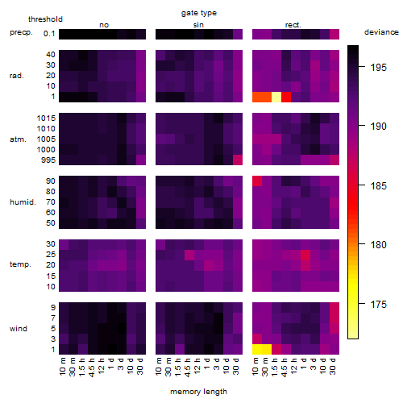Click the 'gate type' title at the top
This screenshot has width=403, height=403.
[x=199, y=13]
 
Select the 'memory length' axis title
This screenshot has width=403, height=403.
[x=198, y=392]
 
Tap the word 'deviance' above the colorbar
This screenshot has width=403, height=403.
[x=381, y=32]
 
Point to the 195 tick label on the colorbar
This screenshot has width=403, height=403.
[x=378, y=67]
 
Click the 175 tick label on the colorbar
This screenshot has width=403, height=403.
[x=378, y=305]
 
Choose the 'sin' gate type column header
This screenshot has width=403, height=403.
[x=198, y=25]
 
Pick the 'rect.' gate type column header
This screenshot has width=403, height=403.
[x=293, y=25]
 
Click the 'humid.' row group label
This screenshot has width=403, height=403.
[x=23, y=202]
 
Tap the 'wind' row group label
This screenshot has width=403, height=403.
[x=19, y=329]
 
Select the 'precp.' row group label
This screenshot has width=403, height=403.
[x=21, y=32]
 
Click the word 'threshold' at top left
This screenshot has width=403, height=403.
[x=45, y=19]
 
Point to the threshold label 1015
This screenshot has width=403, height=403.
[x=46, y=118]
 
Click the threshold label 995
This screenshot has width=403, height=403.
[x=48, y=160]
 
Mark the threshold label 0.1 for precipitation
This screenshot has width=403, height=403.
[x=49, y=34]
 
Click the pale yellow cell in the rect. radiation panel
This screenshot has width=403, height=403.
[x=276, y=97]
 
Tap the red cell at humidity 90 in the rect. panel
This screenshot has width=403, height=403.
[x=257, y=181]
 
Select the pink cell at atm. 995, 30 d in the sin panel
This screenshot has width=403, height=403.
[x=238, y=160]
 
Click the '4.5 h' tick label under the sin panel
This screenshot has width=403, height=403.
[x=188, y=368]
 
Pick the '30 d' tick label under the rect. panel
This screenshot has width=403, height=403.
[x=333, y=366]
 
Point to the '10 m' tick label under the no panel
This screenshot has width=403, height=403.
[x=63, y=367]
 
